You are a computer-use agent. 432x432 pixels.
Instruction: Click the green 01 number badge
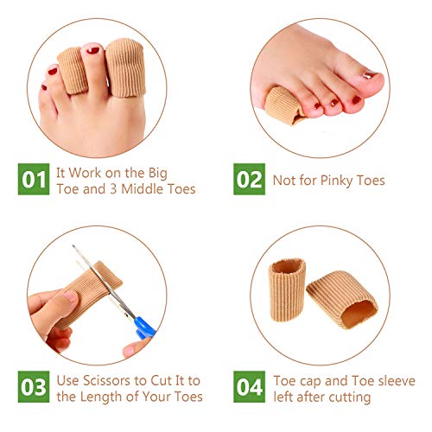tap(34, 179)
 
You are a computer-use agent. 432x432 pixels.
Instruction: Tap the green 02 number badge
tap(249, 179)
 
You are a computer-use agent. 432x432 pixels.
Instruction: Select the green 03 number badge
tap(34, 386)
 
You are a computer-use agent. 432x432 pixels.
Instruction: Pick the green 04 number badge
tap(249, 386)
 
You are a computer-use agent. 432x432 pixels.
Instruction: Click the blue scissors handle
tap(144, 328)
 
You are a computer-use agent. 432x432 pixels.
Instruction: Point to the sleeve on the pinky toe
tap(283, 105)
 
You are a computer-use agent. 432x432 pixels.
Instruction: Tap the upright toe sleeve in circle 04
tap(287, 289)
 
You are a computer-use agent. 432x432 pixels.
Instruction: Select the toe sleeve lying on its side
tap(342, 300)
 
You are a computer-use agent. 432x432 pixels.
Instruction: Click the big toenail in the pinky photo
tap(369, 75)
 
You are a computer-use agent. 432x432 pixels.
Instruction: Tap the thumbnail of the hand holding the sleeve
tap(70, 297)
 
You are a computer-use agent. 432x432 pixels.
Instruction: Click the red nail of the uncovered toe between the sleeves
tap(93, 50)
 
